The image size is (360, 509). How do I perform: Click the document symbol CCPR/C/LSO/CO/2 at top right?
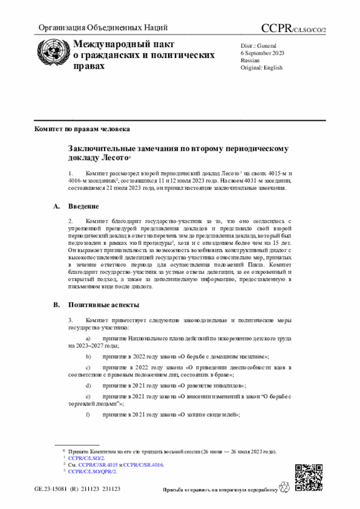coord(294,28)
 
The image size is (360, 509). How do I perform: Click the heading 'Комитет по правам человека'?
coord(82,129)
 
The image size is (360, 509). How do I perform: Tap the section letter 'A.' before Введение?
coord(56,206)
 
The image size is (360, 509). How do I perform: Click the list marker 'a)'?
coord(88,337)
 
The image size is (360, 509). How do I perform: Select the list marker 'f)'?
coord(88,415)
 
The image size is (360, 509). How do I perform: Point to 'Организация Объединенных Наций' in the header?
coord(103,28)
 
